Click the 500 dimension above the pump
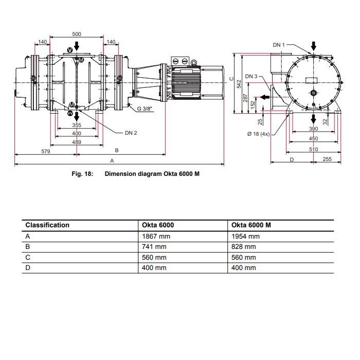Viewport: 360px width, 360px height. [77, 34]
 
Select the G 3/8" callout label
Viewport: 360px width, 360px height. [145, 109]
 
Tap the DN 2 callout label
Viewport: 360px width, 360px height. [131, 133]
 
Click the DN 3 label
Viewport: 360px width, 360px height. [251, 76]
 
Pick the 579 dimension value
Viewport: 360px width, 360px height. [45, 151]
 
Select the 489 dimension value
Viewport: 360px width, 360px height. [77, 142]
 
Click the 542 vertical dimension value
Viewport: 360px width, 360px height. [239, 84]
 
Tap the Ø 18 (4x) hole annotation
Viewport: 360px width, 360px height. [258, 134]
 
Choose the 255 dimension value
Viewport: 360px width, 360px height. [327, 159]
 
